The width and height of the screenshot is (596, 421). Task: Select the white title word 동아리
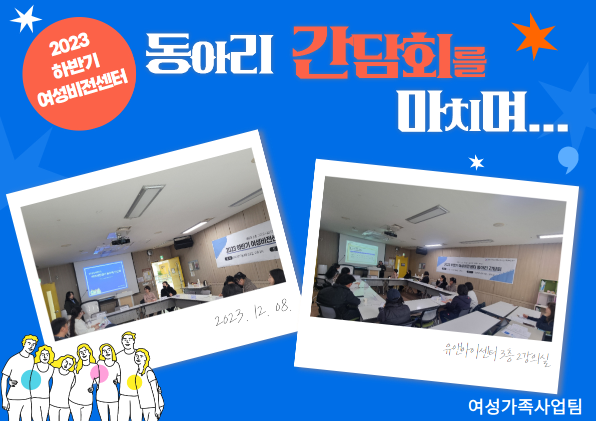[209, 53]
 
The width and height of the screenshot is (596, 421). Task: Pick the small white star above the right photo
[476, 162]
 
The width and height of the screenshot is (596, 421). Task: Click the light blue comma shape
[568, 158]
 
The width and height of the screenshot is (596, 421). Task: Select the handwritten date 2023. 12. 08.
[253, 312]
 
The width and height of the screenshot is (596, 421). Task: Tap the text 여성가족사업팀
[525, 405]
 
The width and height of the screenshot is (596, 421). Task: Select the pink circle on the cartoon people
[99, 373]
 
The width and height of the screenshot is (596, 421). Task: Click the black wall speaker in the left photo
[183, 242]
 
